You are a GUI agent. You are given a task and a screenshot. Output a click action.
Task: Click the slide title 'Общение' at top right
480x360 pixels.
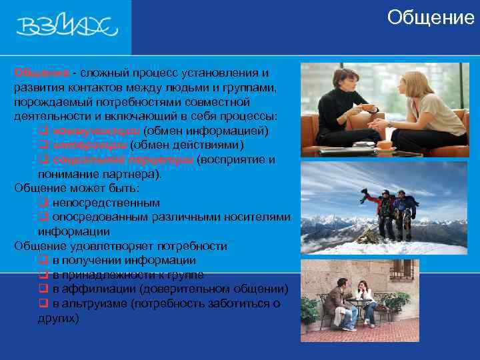(x=430, y=17)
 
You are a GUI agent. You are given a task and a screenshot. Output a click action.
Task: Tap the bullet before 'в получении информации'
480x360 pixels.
(x=43, y=261)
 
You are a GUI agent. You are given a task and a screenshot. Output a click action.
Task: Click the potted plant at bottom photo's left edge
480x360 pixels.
(x=308, y=311)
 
